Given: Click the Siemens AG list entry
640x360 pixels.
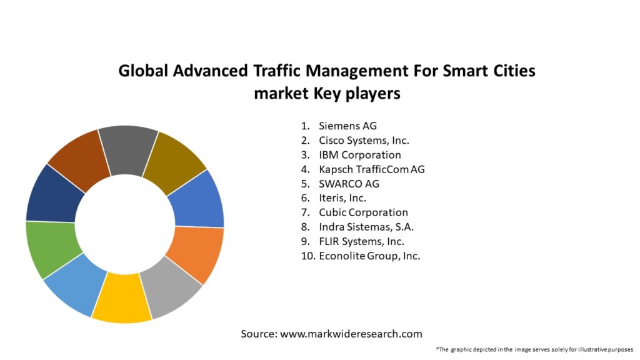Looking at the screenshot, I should point(347,126).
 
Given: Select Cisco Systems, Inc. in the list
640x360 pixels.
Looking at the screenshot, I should point(364,141).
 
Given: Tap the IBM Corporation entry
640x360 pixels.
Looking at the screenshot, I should point(359,155).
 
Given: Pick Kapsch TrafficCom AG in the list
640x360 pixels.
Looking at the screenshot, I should point(371,169).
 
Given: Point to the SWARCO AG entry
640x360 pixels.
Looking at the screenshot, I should point(349,184).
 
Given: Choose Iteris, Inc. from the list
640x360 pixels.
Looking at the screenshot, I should point(342,198).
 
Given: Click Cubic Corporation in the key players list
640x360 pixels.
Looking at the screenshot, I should point(363,212).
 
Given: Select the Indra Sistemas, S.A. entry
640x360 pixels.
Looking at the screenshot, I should point(366,227).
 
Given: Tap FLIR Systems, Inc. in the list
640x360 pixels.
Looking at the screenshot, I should point(361,241).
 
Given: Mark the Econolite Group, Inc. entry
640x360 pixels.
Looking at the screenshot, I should point(369,256).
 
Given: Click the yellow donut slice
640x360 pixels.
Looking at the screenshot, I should point(121,298).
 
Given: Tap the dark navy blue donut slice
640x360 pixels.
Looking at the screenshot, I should point(54,194).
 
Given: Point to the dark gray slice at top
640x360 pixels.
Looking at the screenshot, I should point(128,150).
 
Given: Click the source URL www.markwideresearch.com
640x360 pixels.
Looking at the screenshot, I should point(351,334).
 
